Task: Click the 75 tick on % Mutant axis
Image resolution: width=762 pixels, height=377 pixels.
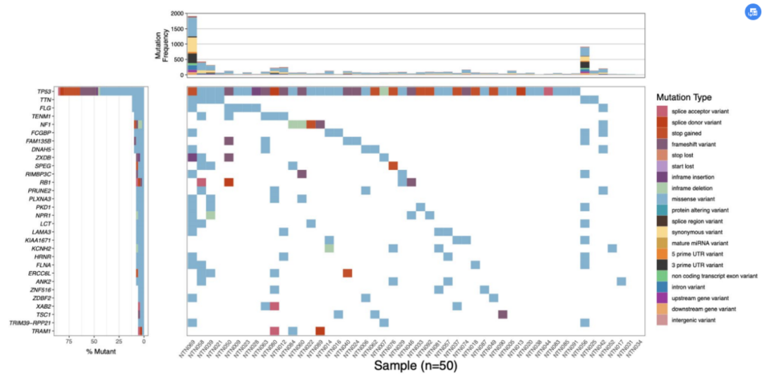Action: (x=69, y=342)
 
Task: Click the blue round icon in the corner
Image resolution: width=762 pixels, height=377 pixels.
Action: (x=752, y=12)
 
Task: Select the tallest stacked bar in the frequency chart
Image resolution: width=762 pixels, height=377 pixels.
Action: (x=192, y=45)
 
